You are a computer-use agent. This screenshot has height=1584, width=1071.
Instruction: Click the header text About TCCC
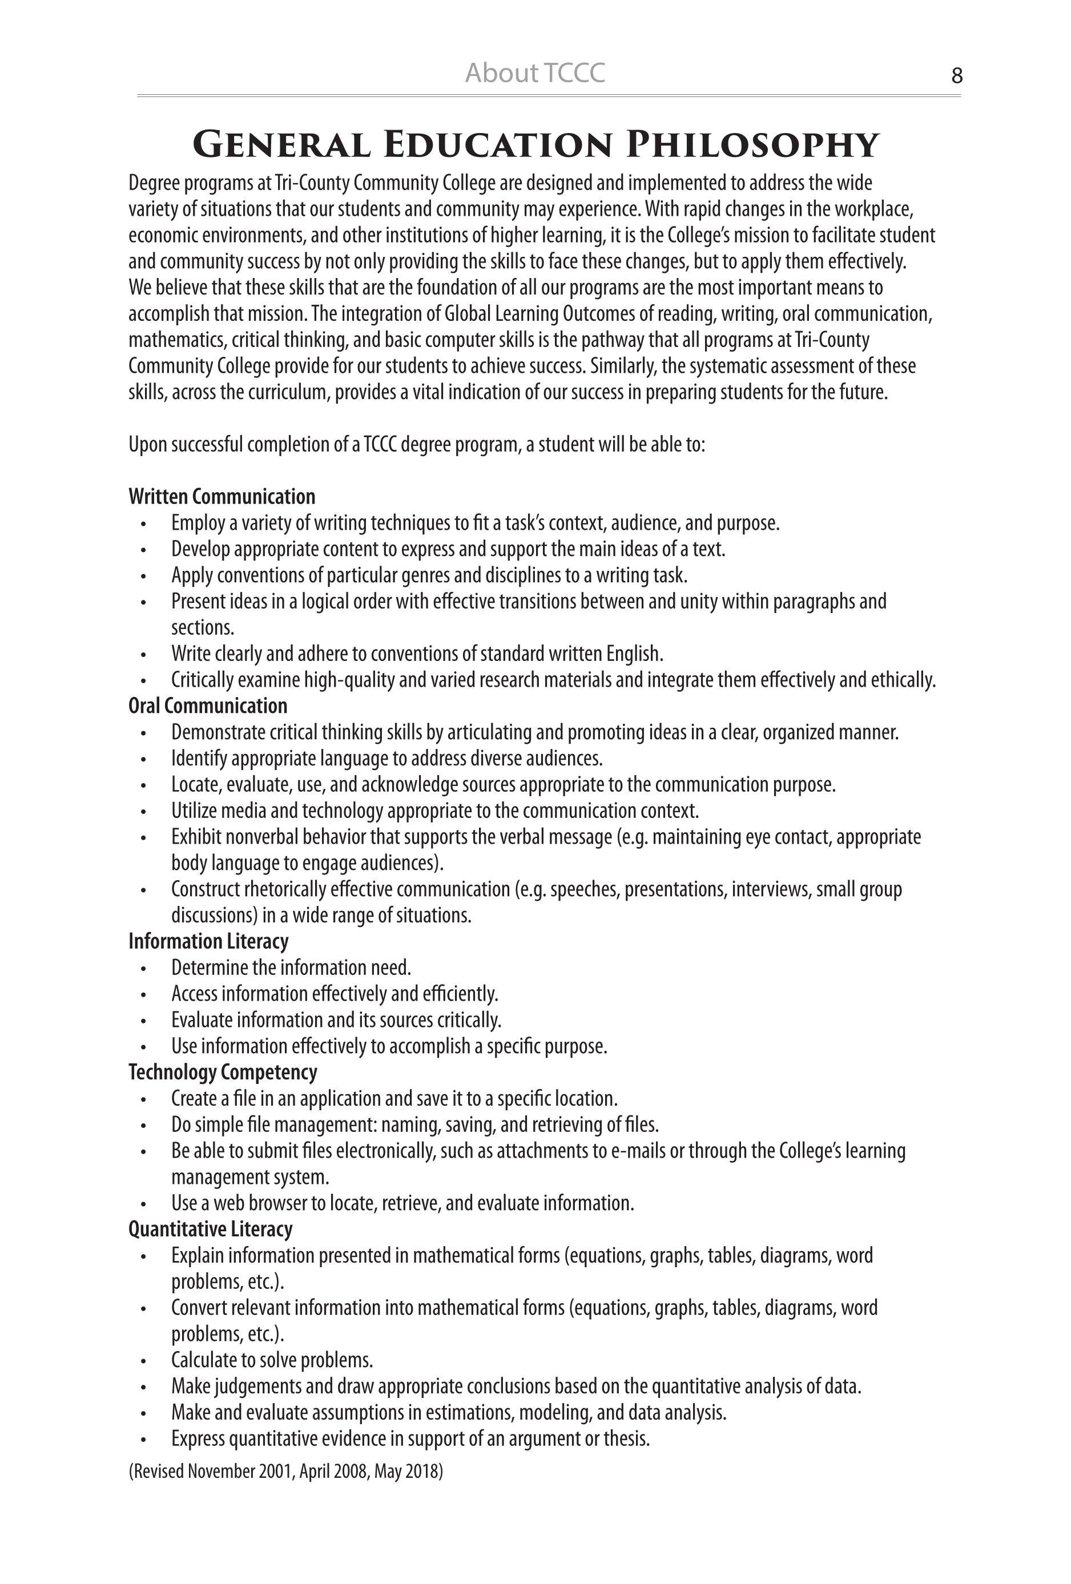[534, 73]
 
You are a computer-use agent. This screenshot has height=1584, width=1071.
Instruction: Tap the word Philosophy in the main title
[752, 144]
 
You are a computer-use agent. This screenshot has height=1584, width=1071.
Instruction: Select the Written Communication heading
[222, 495]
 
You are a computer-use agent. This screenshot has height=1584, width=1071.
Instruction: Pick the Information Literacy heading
[208, 941]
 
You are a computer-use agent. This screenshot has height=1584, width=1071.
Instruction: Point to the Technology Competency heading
[223, 1071]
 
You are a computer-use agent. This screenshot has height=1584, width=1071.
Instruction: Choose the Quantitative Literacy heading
[210, 1228]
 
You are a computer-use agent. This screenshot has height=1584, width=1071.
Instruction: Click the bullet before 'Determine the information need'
[143, 968]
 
